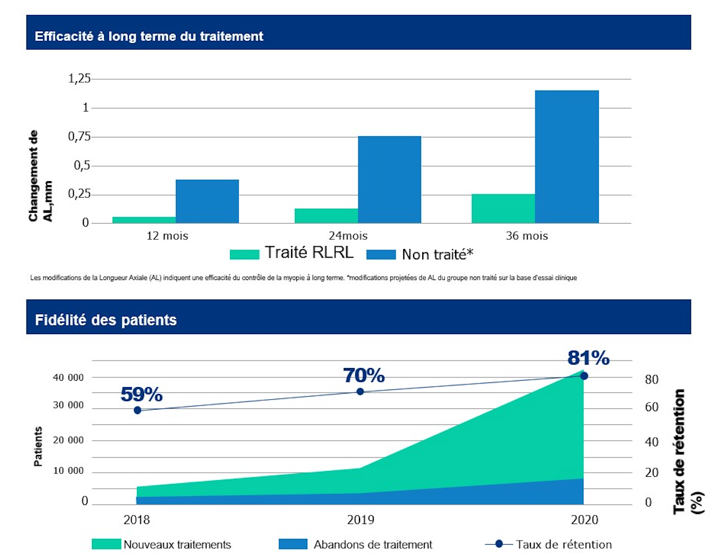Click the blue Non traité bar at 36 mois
point(567,156)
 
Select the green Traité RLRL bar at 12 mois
point(144,220)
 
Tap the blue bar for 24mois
point(389,179)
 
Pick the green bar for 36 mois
point(503,209)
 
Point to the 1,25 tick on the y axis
point(79,79)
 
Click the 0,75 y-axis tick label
point(79,136)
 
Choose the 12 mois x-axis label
point(167,236)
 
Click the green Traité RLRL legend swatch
point(244,254)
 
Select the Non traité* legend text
point(438,254)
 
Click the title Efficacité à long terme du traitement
point(149,36)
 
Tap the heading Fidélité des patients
point(106,320)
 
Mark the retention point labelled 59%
point(137,411)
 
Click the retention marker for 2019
point(360,392)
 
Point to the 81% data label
point(589,358)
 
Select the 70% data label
point(364,376)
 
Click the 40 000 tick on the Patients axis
point(68,378)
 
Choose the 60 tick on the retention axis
point(651,407)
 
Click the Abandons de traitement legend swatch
point(293,544)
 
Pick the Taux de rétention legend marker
point(499,544)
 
